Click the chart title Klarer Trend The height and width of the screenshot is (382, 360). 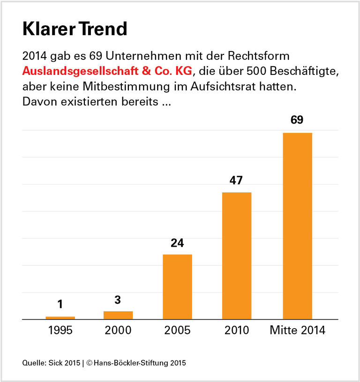click(75, 29)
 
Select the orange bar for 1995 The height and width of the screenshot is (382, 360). click(60, 317)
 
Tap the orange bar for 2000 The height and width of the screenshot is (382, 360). click(118, 315)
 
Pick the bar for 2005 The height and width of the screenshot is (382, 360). click(177, 286)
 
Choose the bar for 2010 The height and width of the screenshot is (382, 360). click(237, 256)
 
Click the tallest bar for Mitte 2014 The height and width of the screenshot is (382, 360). click(297, 226)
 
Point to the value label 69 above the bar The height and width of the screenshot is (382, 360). click(297, 120)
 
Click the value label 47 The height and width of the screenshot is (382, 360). click(236, 180)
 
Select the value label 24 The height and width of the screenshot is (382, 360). click(177, 243)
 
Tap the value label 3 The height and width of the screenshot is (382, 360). click(118, 300)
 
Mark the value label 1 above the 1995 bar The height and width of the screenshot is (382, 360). click(60, 305)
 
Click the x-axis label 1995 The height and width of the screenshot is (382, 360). click(60, 331)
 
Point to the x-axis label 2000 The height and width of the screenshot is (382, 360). click(118, 331)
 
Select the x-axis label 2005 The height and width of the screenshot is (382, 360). click(177, 331)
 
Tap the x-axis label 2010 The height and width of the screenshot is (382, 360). click(236, 331)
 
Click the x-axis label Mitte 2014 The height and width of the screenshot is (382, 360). click(297, 331)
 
